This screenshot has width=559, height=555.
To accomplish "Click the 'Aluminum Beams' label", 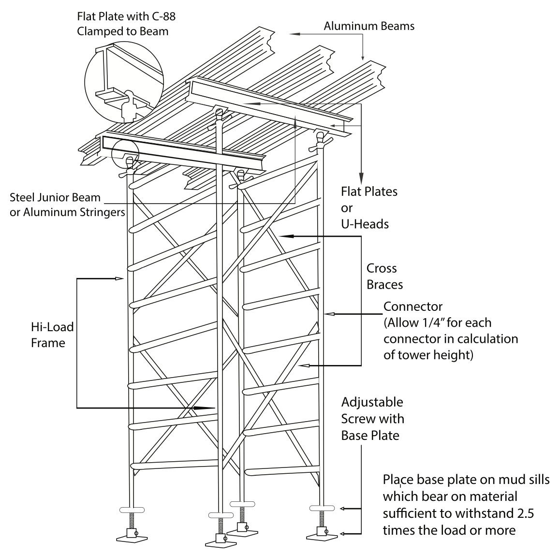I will pyautogui.click(x=369, y=26).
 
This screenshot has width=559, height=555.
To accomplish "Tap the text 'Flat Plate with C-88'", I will pyautogui.click(x=126, y=16).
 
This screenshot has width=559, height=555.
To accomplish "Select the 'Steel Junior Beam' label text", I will pyautogui.click(x=55, y=197).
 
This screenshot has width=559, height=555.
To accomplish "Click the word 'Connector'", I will pyautogui.click(x=413, y=307).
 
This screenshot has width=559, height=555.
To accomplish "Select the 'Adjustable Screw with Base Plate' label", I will pyautogui.click(x=372, y=419).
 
